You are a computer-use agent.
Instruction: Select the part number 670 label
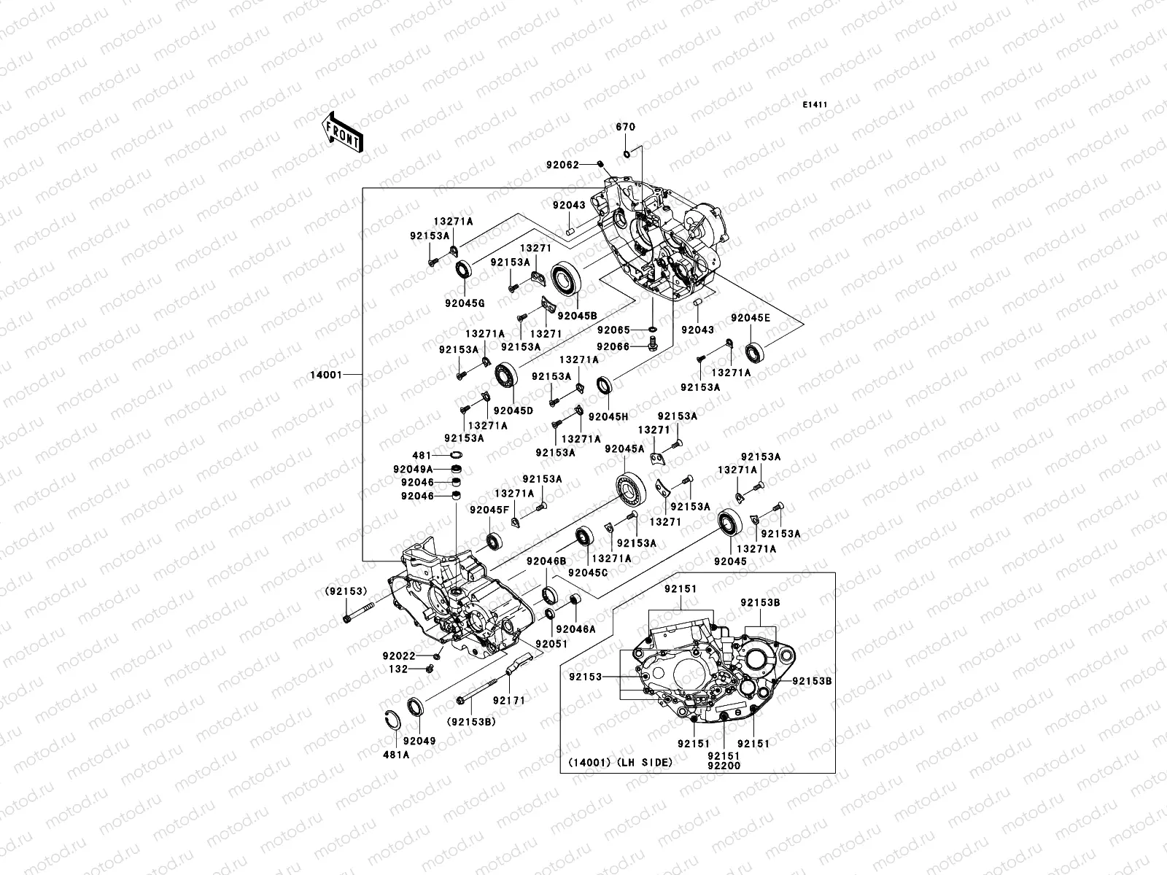[x=626, y=127]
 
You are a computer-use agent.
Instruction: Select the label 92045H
[x=608, y=416]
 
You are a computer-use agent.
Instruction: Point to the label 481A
[x=398, y=755]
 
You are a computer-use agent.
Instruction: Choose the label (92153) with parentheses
[x=346, y=591]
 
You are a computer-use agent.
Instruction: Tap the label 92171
[x=508, y=700]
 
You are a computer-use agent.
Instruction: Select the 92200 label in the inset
[x=723, y=766]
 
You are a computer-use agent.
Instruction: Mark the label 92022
[x=419, y=656]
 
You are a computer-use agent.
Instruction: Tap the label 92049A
[x=417, y=469]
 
